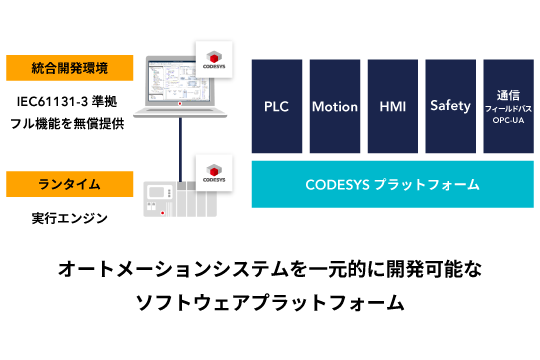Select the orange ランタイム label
point(70,184)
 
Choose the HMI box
point(392,105)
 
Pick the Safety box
point(449,105)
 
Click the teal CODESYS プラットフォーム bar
point(391,184)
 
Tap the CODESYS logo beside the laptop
point(213,59)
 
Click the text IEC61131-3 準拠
point(70,101)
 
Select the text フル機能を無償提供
point(70,127)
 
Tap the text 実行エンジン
point(70,217)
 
